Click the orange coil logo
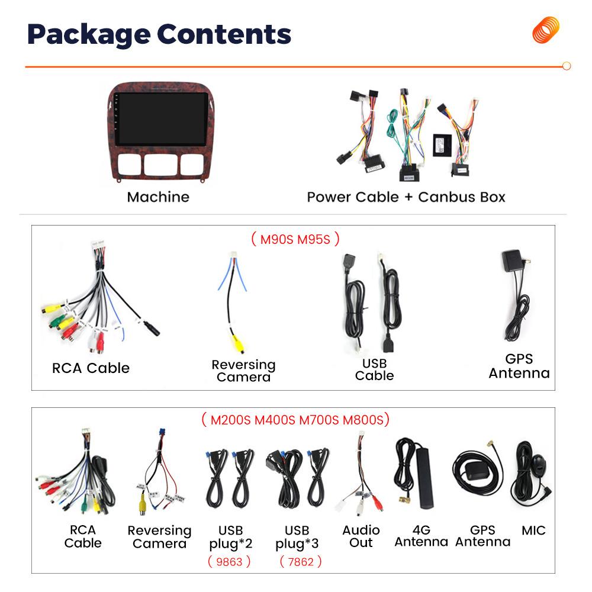click(546, 30)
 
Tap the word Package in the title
click(89, 35)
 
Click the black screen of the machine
click(161, 118)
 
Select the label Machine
click(158, 197)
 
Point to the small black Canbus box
click(442, 145)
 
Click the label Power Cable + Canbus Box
click(406, 197)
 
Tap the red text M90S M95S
click(295, 239)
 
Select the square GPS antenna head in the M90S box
click(512, 260)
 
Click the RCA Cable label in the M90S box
click(91, 368)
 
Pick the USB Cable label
click(374, 369)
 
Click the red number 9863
click(229, 562)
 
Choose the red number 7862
click(301, 562)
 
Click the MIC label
click(533, 530)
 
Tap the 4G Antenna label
click(422, 536)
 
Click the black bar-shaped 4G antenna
click(424, 478)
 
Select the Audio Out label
click(361, 536)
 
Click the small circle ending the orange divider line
click(567, 66)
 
